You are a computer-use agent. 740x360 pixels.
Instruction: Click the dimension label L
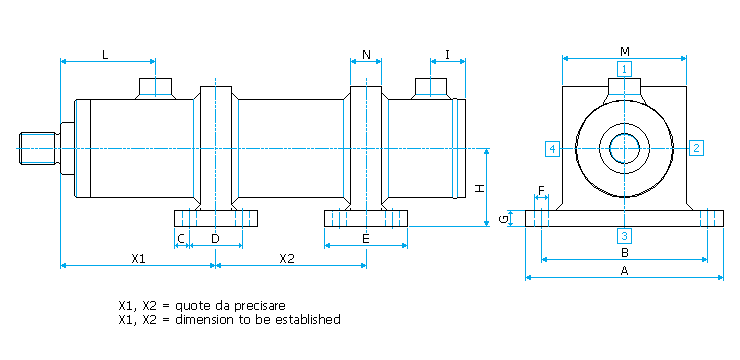pos(105,54)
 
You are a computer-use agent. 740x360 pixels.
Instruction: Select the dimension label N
pos(366,54)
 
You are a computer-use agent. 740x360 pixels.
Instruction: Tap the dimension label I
pos(447,54)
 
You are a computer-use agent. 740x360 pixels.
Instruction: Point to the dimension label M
pos(625,51)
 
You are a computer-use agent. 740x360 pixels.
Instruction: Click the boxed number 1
pos(624,69)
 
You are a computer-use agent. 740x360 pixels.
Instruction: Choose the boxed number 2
pos(696,148)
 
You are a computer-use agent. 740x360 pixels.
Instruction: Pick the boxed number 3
pos(624,235)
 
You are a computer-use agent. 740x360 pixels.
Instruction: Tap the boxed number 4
pos(552,149)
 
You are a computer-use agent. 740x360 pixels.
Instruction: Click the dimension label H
pos(479,189)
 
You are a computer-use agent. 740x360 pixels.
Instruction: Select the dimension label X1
pos(138,258)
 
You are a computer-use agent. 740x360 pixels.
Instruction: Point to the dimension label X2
pos(286,258)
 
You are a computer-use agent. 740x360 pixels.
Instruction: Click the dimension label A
pos(624,271)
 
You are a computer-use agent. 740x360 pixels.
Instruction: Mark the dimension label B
pos(624,253)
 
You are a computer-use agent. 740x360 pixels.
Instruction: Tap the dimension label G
pos(505,218)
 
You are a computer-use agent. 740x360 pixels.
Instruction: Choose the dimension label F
pos(541,190)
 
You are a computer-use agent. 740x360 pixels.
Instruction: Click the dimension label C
pos(181,239)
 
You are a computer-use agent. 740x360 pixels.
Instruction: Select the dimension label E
pos(366,239)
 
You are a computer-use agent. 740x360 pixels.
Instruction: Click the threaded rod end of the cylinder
pos(38,148)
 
